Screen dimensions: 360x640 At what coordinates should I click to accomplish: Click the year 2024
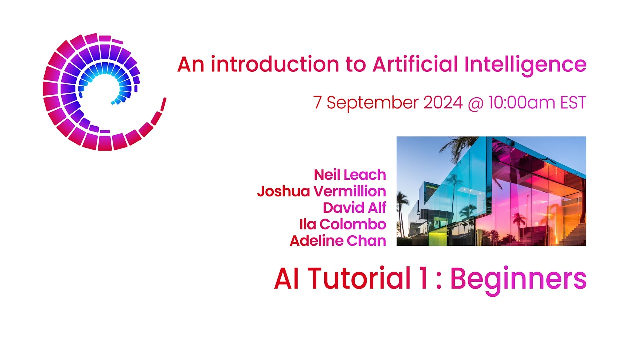(x=443, y=103)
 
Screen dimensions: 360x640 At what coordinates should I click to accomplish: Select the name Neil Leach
(x=350, y=175)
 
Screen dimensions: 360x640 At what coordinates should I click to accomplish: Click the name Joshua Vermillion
(x=322, y=191)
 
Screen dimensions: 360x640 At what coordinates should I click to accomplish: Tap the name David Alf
(x=354, y=207)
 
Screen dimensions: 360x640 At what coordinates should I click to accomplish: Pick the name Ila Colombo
(x=343, y=224)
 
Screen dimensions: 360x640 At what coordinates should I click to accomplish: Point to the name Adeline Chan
(x=338, y=241)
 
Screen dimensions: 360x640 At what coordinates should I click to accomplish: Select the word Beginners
(x=518, y=280)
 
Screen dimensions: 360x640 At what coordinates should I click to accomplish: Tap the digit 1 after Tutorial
(x=423, y=279)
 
